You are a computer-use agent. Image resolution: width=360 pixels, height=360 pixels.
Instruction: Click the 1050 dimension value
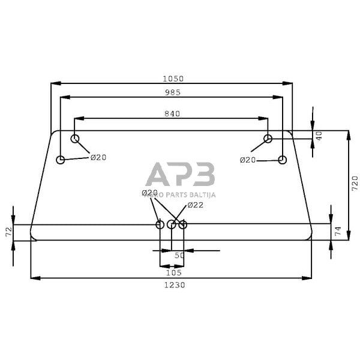pos(172,79)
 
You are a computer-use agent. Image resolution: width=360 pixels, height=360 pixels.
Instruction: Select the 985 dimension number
pos(172,92)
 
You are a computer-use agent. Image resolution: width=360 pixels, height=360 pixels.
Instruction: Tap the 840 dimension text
pos(172,113)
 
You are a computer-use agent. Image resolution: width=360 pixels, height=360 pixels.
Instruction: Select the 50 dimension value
pos(179,256)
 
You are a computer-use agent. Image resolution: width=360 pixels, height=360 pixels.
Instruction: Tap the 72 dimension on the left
pos(8,232)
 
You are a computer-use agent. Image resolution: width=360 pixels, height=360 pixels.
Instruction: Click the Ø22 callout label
pos(196,205)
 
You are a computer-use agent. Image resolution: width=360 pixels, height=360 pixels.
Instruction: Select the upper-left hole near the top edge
pos(75,139)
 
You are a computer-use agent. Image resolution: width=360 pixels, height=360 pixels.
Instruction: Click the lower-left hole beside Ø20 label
pos(60,160)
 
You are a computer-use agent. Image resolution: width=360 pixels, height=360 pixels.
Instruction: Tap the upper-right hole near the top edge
pos(268,139)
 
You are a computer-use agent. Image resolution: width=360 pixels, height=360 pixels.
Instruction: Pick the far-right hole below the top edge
pos(283,160)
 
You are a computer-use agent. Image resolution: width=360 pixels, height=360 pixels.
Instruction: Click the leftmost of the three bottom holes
pos(160,224)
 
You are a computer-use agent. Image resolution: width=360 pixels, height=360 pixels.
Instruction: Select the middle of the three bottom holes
pos(172,224)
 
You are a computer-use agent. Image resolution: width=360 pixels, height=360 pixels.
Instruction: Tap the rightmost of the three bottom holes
pos(183,224)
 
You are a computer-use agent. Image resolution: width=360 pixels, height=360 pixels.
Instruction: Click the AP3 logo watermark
pos(180,175)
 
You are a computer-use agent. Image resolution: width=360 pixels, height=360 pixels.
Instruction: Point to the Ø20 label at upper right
pos(248,160)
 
